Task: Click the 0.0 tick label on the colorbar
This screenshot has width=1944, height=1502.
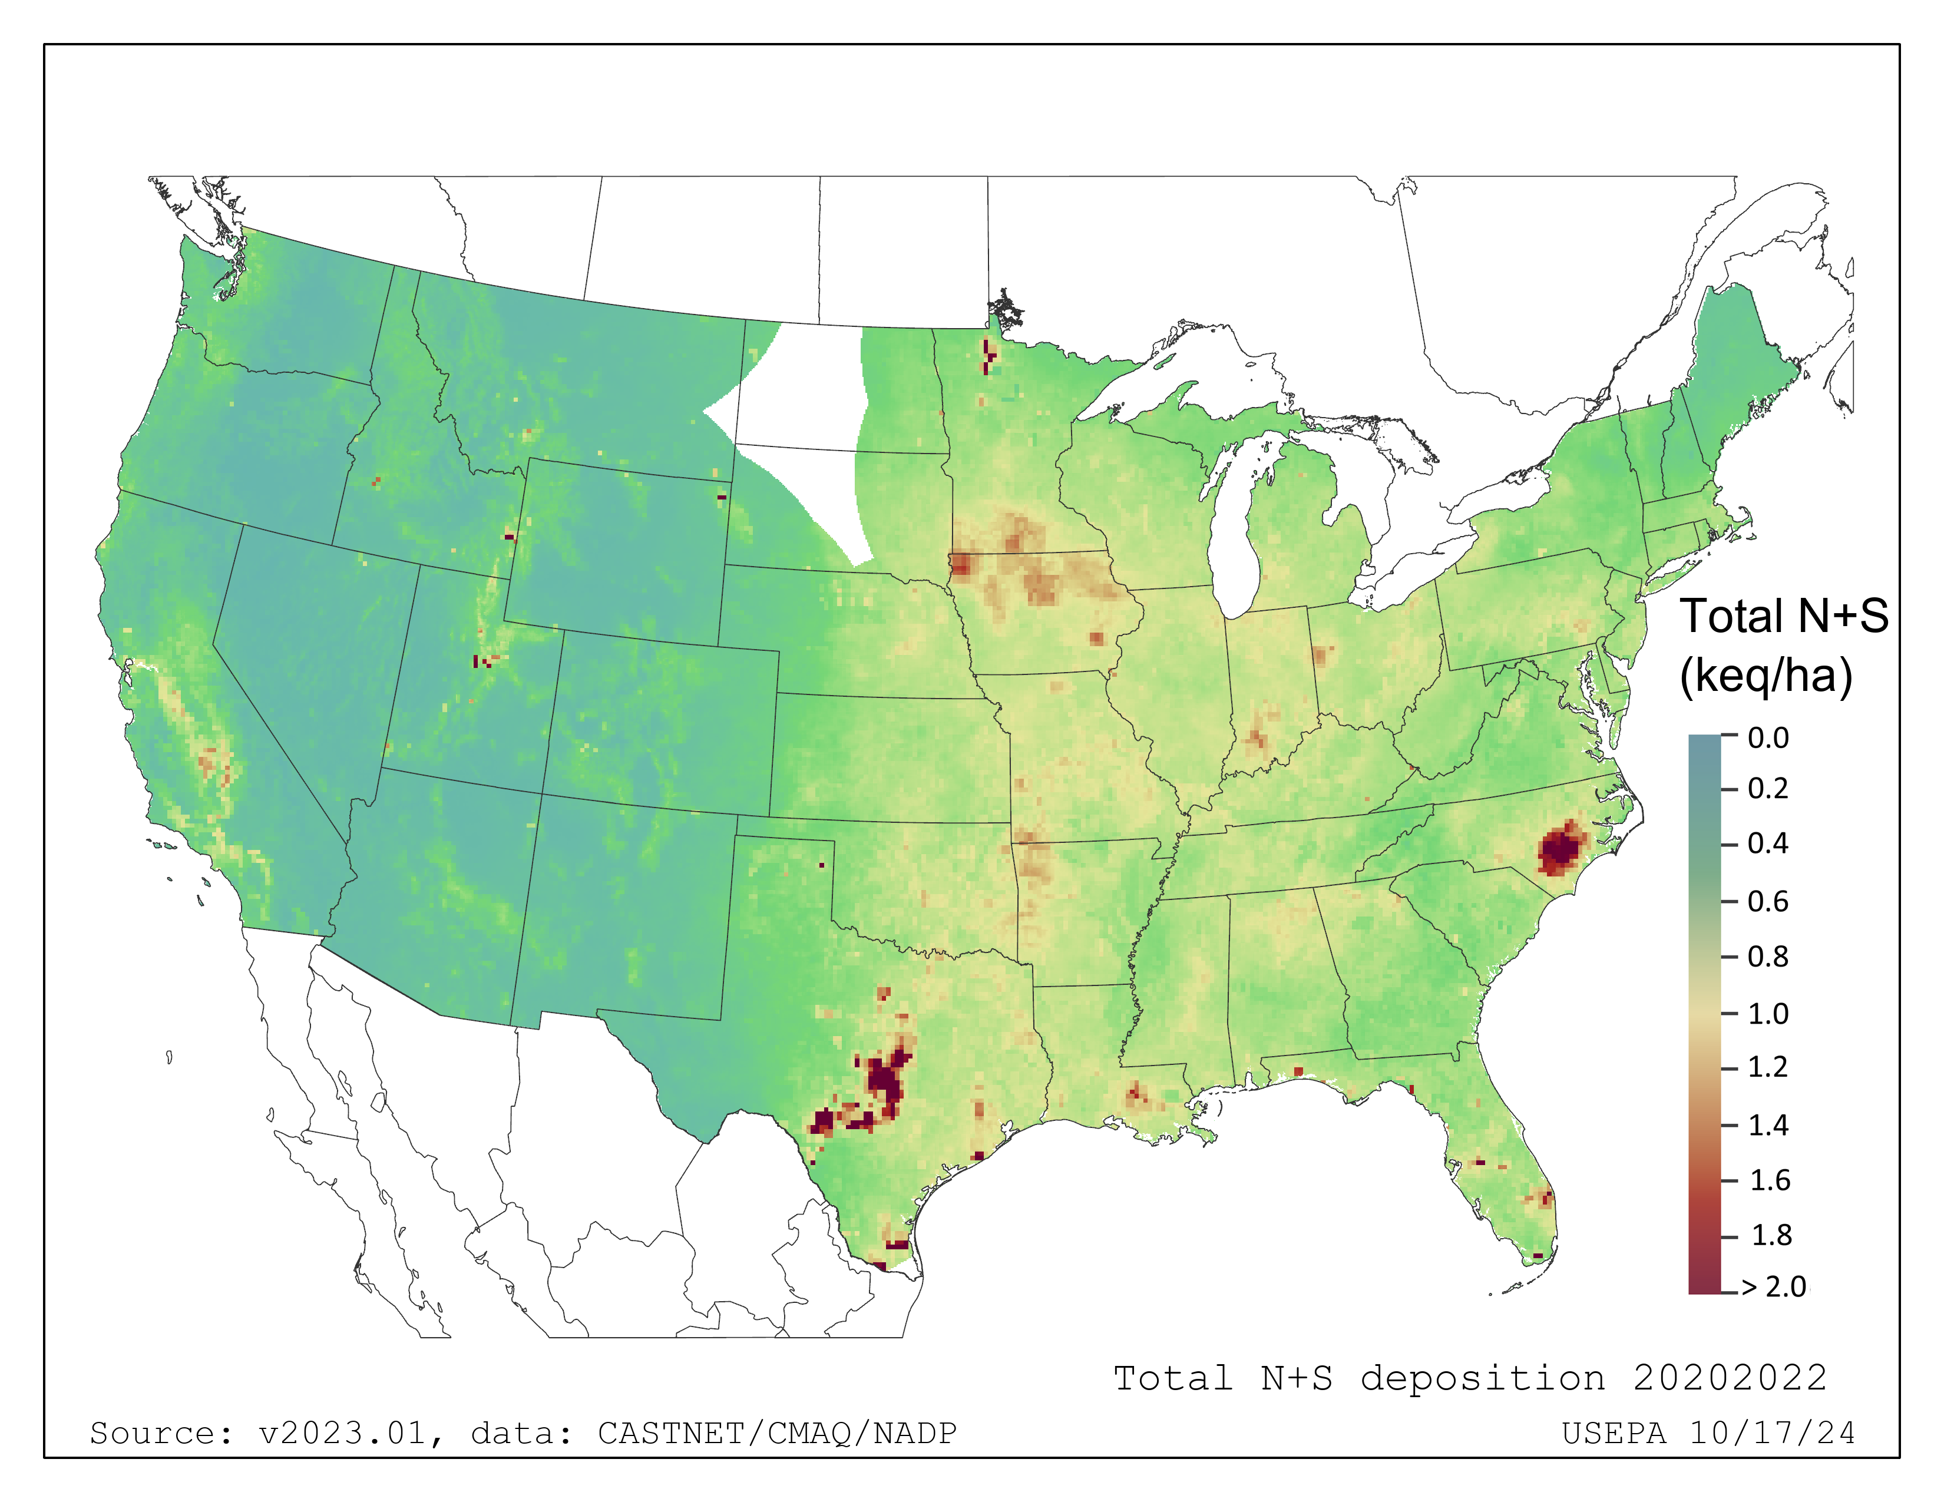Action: click(1768, 737)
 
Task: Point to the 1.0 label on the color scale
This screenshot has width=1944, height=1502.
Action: click(1768, 1014)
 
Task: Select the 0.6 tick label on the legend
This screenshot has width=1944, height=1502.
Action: click(1768, 901)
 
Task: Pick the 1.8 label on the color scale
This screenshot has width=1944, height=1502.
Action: click(1770, 1235)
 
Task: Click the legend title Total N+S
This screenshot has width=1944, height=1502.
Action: click(1783, 616)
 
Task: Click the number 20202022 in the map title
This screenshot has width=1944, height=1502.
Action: click(1730, 1378)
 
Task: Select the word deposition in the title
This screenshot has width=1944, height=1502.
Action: click(1483, 1378)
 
